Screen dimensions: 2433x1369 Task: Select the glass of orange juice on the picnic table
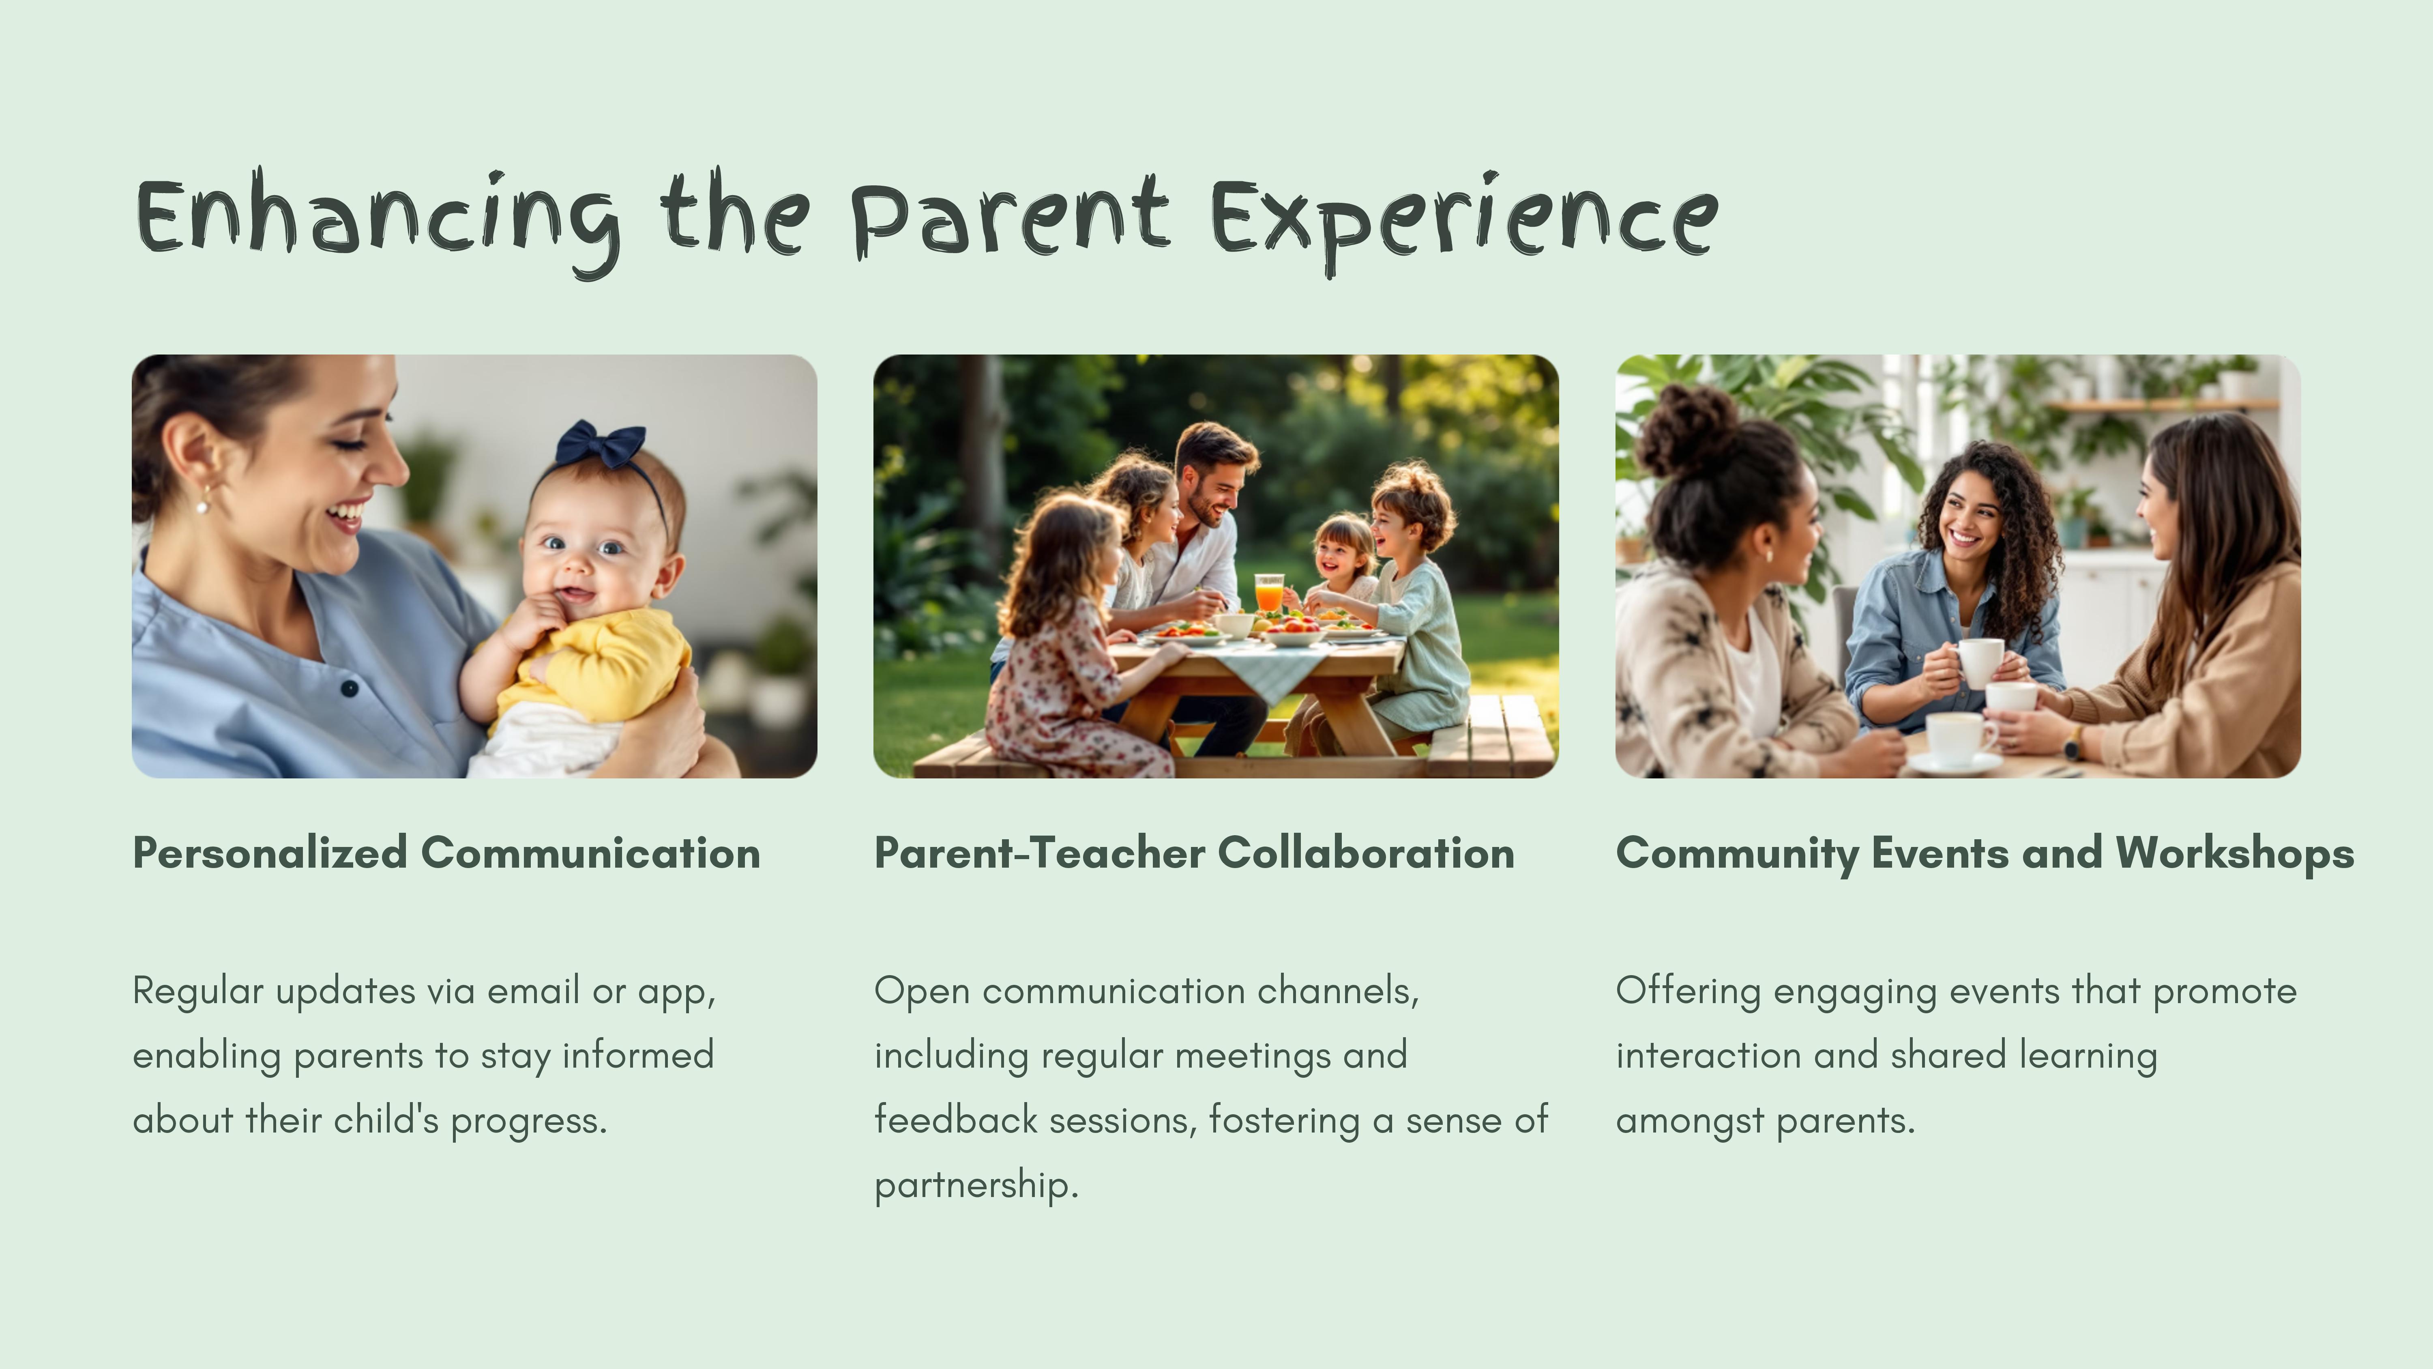coord(1268,593)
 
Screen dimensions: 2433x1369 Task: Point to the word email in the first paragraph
coord(534,991)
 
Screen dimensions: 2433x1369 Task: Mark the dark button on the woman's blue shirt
coord(350,688)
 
